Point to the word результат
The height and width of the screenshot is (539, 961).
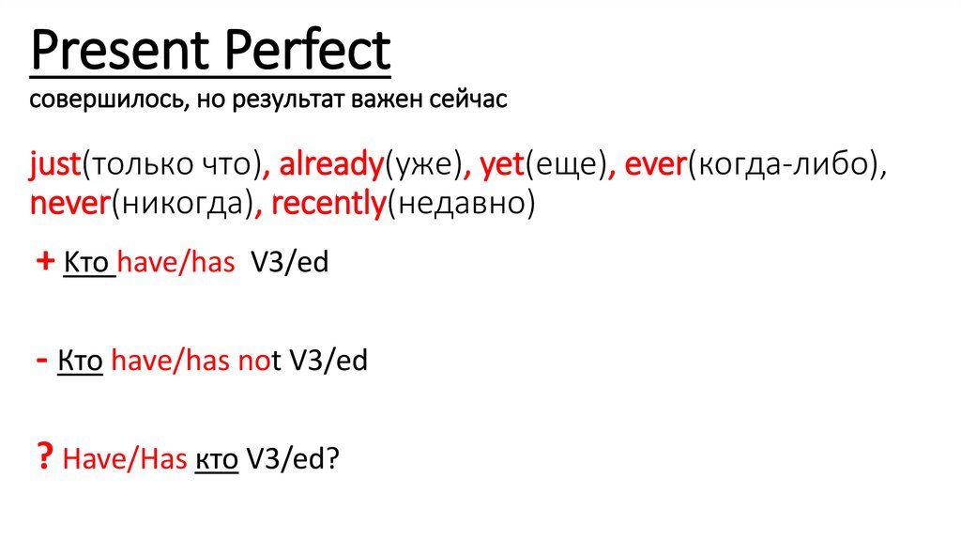pyautogui.click(x=292, y=100)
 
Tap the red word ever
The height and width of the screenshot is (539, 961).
pyautogui.click(x=655, y=165)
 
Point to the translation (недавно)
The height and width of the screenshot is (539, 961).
pyautogui.click(x=461, y=204)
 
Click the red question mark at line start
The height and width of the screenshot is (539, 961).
pyautogui.click(x=44, y=459)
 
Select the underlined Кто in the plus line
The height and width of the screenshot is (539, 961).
pyautogui.click(x=88, y=264)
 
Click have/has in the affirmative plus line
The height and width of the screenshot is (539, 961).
pyautogui.click(x=175, y=264)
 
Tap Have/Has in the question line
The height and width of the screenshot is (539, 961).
pyautogui.click(x=124, y=460)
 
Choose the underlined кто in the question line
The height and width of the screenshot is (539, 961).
pyautogui.click(x=216, y=460)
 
